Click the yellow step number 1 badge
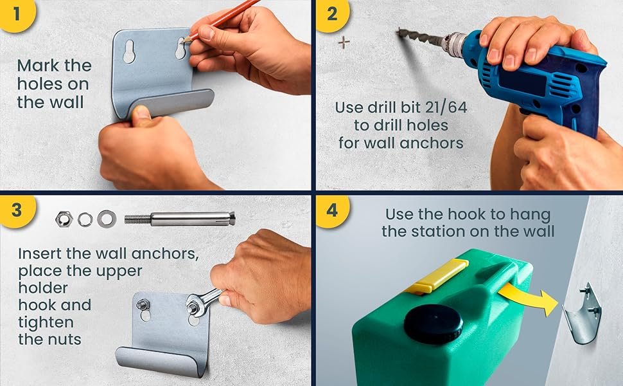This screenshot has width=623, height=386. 16,14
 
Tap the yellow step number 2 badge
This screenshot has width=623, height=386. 332,14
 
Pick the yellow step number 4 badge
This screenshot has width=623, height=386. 332,210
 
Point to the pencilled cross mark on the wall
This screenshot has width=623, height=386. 344,42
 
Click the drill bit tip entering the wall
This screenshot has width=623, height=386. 398,31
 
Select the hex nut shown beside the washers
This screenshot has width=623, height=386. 64,219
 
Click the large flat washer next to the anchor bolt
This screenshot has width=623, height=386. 107,219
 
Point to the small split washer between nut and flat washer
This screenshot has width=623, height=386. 85,219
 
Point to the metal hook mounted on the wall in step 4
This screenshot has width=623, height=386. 582,315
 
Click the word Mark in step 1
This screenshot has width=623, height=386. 38,66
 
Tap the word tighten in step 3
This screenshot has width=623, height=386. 46,322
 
